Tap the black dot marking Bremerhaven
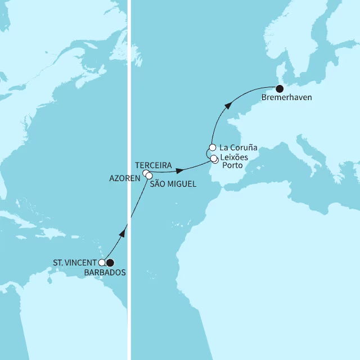click(x=280, y=88)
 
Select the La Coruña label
click(x=239, y=147)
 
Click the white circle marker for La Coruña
click(x=213, y=148)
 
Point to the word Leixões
click(x=237, y=157)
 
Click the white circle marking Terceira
click(x=146, y=173)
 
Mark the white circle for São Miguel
click(x=149, y=176)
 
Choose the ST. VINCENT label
click(x=75, y=262)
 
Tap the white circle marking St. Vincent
click(x=102, y=262)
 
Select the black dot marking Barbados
click(x=110, y=262)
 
